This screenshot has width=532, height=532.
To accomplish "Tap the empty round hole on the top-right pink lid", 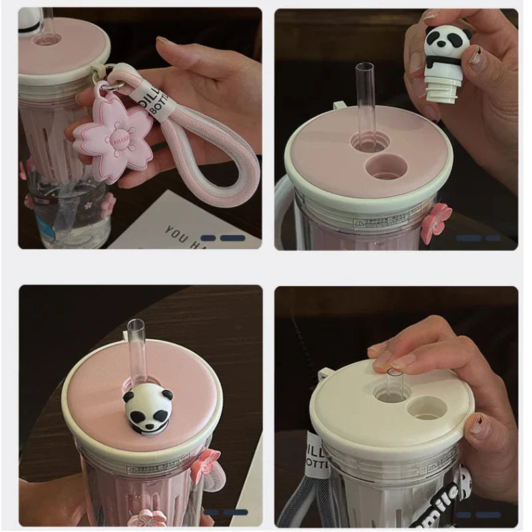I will coord(386,167).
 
